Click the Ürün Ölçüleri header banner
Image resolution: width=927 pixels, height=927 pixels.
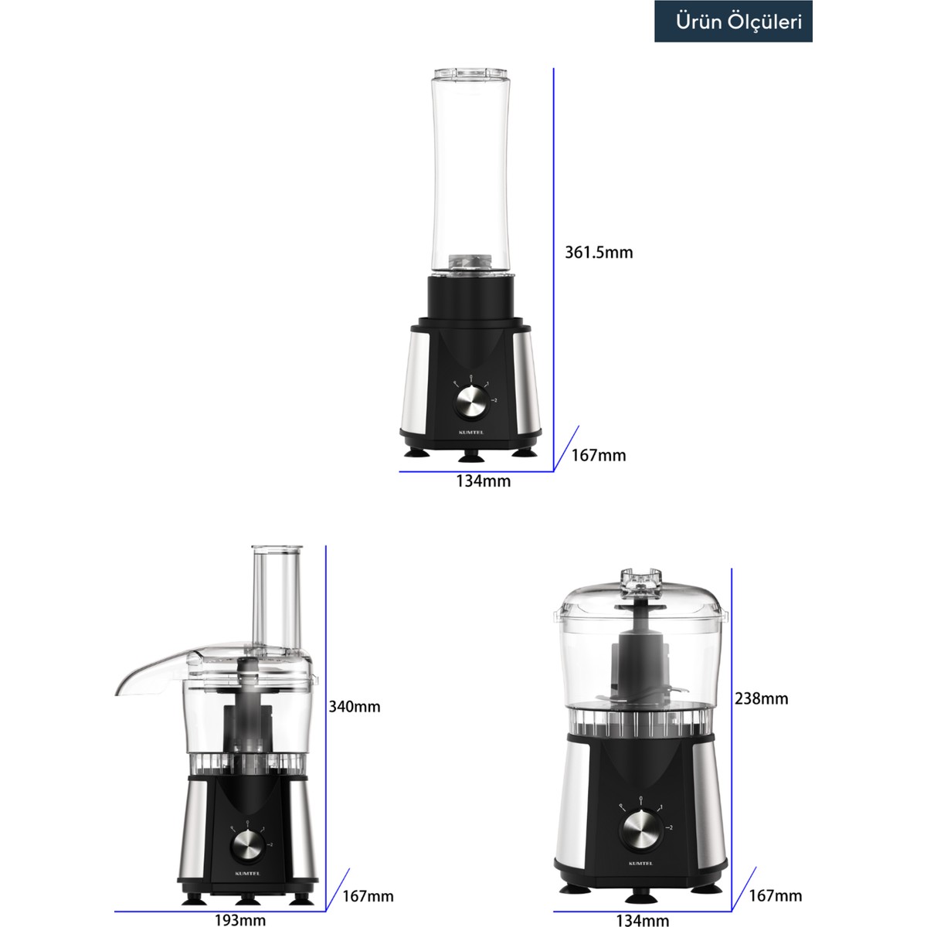click(732, 22)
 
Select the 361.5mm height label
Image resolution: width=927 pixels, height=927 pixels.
click(599, 253)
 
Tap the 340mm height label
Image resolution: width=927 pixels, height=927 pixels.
click(354, 707)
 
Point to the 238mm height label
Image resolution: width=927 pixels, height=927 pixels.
click(761, 698)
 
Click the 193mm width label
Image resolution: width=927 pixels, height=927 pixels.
click(239, 920)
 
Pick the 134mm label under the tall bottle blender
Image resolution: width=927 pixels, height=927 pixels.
click(483, 481)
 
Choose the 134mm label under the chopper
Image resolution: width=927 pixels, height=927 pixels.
click(642, 920)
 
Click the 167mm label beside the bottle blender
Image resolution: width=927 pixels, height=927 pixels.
click(599, 456)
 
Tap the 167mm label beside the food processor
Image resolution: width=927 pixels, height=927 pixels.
click(368, 896)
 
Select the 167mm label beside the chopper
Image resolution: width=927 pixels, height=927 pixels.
click(775, 896)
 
